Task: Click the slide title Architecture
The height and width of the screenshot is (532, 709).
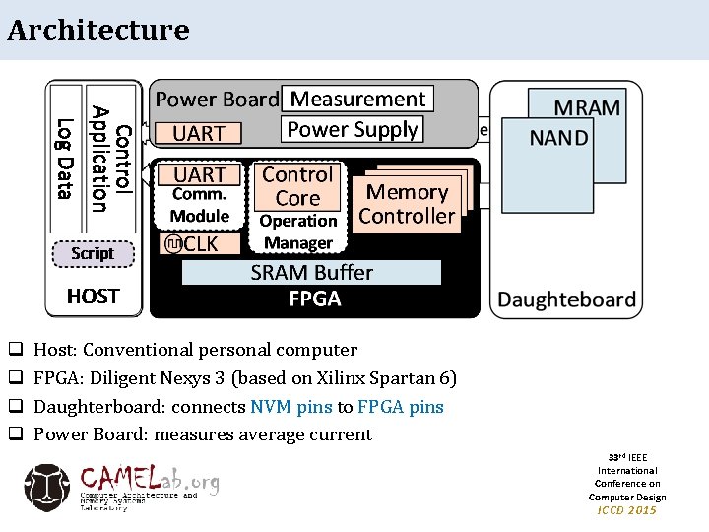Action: click(97, 30)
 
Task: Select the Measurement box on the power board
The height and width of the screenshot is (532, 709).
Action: click(357, 99)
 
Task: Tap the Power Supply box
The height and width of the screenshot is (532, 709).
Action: click(352, 129)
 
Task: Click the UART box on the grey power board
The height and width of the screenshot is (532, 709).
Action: click(199, 133)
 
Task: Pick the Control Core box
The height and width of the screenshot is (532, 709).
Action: click(297, 186)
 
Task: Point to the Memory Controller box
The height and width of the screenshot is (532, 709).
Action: click(407, 204)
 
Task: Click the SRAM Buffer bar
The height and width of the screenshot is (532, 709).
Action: click(311, 272)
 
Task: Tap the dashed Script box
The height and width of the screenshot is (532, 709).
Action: click(93, 253)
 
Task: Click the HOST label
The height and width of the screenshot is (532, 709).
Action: click(93, 296)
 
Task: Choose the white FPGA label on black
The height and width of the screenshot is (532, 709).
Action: click(315, 299)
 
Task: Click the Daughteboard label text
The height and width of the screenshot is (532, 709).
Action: click(566, 299)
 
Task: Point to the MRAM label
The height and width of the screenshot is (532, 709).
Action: click(587, 108)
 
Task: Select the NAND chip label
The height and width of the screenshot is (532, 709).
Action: click(558, 138)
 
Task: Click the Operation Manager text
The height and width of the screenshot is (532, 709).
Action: click(297, 232)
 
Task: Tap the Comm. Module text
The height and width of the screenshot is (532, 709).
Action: click(199, 205)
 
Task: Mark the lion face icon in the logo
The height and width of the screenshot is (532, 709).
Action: click(47, 487)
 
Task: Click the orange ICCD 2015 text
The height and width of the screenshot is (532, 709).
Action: click(627, 509)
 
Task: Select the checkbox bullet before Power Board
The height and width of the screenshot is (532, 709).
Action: click(15, 434)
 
